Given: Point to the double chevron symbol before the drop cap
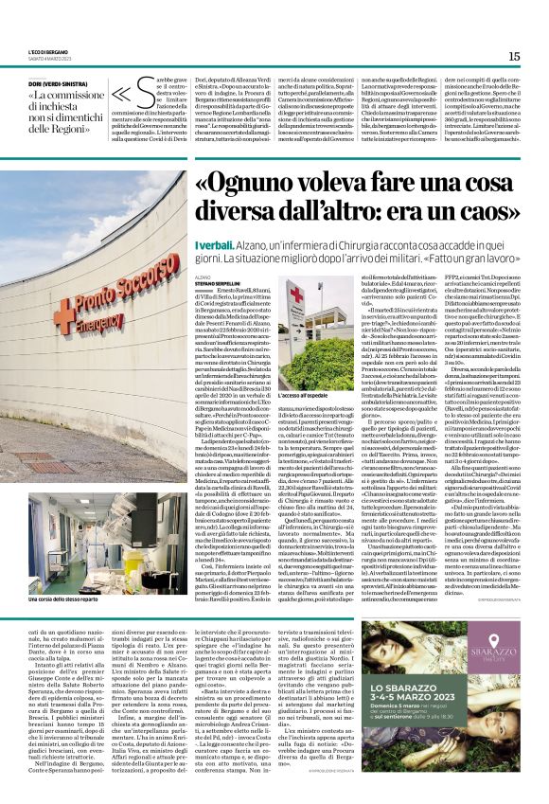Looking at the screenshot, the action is point(121,97).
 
